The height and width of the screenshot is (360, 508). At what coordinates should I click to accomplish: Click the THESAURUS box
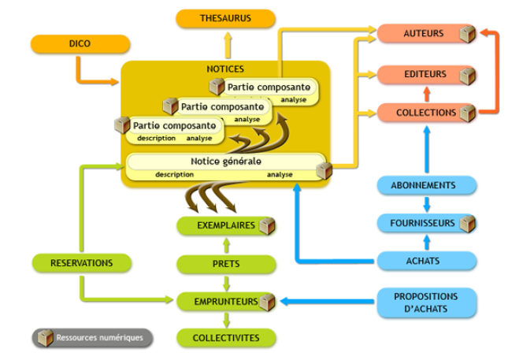pyautogui.click(x=225, y=19)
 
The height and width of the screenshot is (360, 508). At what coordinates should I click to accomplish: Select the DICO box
pyautogui.click(x=79, y=44)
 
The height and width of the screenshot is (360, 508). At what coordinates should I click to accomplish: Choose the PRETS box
pyautogui.click(x=225, y=263)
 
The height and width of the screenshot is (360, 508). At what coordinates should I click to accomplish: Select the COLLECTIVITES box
pyautogui.click(x=225, y=339)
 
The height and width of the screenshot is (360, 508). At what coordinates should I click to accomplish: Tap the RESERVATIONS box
pyautogui.click(x=80, y=262)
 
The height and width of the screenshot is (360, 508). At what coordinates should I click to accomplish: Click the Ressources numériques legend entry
pyautogui.click(x=93, y=338)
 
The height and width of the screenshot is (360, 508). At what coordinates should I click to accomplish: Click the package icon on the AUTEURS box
pyautogui.click(x=468, y=34)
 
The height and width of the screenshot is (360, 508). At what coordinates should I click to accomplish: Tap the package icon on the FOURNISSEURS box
pyautogui.click(x=468, y=224)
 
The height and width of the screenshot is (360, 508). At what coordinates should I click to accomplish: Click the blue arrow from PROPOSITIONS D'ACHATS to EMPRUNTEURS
pyautogui.click(x=323, y=301)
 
